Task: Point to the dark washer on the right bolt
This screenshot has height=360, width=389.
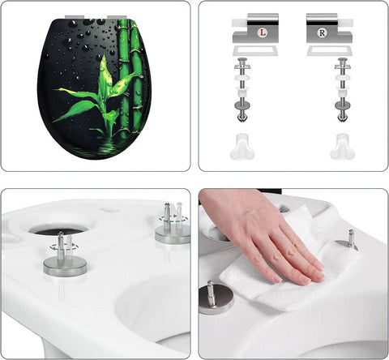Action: [342, 105]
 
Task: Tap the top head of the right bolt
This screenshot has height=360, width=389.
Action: [342, 62]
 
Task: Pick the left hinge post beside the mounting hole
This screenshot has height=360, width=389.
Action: [66, 255]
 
